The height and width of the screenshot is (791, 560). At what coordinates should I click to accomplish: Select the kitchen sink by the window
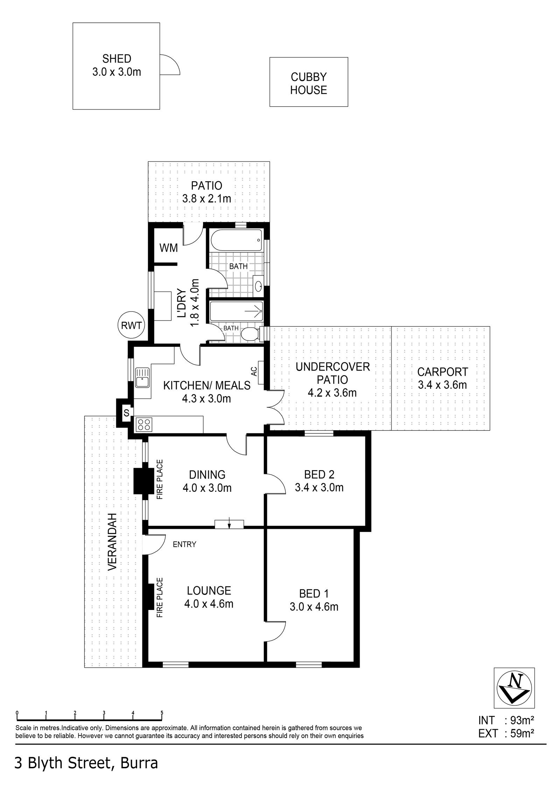coord(142,377)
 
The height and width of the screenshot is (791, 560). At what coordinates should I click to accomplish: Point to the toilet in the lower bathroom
coord(250,333)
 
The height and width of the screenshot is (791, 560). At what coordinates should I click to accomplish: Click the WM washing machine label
coord(168,248)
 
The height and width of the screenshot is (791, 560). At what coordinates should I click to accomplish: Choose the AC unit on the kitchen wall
coord(261,373)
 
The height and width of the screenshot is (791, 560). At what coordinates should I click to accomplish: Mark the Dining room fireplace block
coord(142,481)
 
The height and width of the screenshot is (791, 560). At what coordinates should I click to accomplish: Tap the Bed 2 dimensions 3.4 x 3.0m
coord(319,487)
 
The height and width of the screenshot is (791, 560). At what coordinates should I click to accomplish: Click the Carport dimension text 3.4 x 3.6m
coord(442,385)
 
